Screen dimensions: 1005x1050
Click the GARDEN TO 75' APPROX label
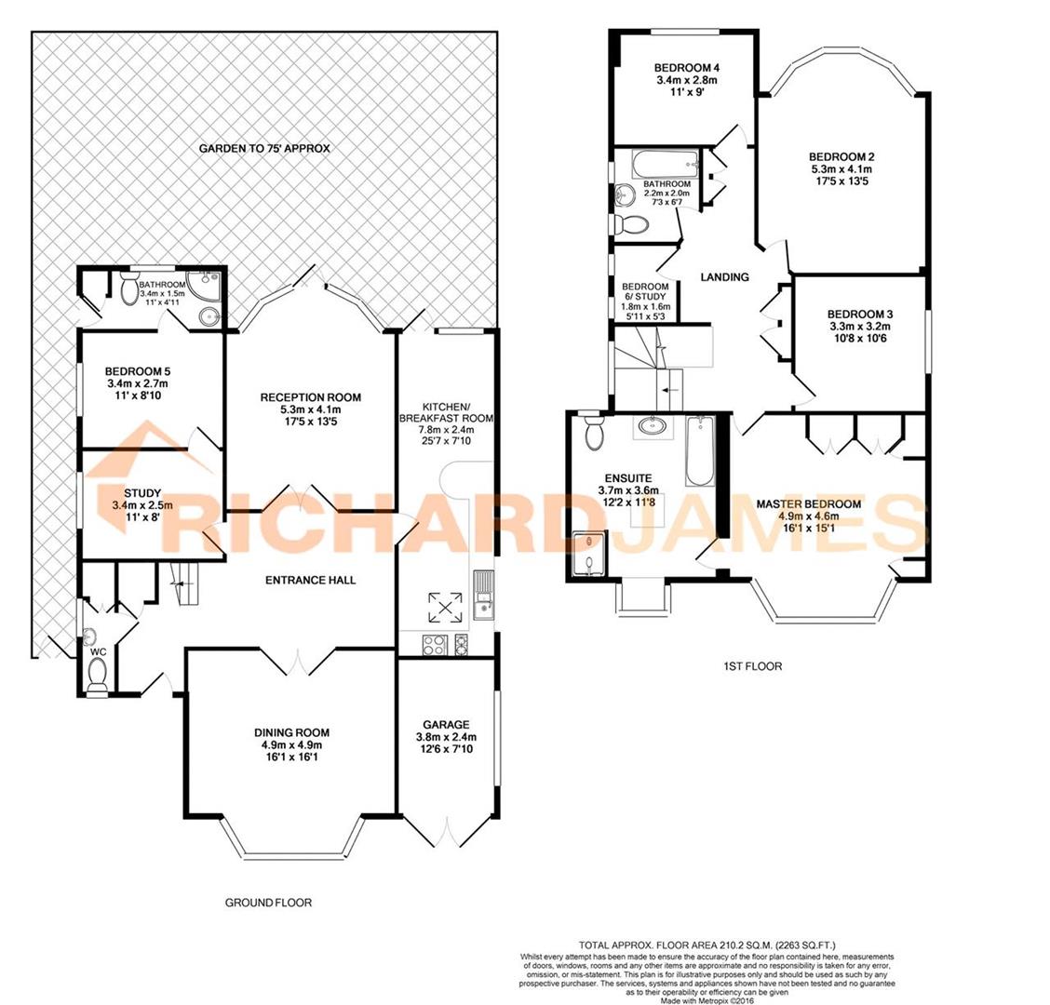264,149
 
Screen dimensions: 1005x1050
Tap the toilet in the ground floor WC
97,685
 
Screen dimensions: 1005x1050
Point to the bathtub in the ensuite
699,451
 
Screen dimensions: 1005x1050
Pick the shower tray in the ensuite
588,553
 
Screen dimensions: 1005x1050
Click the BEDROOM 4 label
687,68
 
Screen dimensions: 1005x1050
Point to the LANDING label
724,276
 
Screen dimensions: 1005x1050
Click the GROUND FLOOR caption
268,903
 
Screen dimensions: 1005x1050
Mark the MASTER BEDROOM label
808,504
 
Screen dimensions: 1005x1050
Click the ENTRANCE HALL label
310,580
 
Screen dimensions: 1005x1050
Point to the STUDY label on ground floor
142,493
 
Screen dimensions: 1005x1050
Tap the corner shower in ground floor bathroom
207,283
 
